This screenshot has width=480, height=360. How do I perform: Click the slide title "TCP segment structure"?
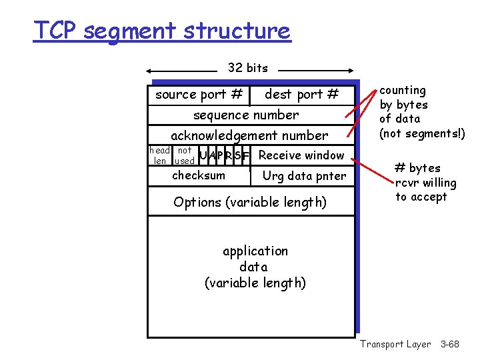pyautogui.click(x=162, y=31)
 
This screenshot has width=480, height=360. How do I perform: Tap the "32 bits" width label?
pyautogui.click(x=247, y=67)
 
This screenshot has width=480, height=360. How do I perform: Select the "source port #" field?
pyautogui.click(x=198, y=95)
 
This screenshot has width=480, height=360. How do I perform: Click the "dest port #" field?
pyautogui.click(x=301, y=95)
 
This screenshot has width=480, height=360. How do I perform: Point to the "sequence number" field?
pyautogui.click(x=246, y=115)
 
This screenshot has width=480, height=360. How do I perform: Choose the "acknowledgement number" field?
pyautogui.click(x=249, y=135)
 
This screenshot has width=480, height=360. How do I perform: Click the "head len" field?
pyautogui.click(x=159, y=155)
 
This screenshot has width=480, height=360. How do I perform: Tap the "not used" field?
pyautogui.click(x=184, y=155)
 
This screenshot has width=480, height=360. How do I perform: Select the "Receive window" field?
pyautogui.click(x=301, y=155)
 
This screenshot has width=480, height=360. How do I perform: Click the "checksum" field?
pyautogui.click(x=199, y=175)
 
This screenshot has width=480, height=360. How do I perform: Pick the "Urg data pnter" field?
pyautogui.click(x=304, y=176)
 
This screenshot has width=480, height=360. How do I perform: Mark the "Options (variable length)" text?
pyautogui.click(x=250, y=202)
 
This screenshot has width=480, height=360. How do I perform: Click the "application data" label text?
pyautogui.click(x=255, y=259)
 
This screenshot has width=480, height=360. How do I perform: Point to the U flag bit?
pyautogui.click(x=203, y=156)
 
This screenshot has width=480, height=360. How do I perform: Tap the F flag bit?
pyautogui.click(x=247, y=156)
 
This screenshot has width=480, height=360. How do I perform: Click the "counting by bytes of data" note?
pyautogui.click(x=404, y=105)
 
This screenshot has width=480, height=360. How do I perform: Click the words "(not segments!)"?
pyautogui.click(x=422, y=133)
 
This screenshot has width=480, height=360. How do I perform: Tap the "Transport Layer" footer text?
pyautogui.click(x=395, y=344)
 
